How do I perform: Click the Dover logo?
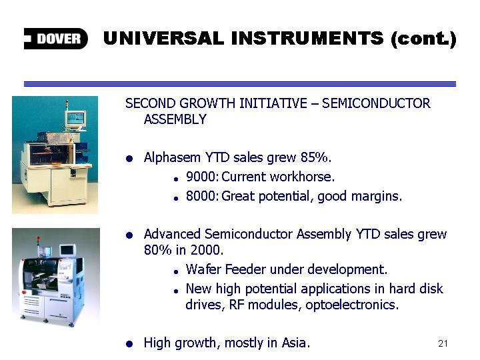(56, 39)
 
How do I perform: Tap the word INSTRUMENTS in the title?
(307, 39)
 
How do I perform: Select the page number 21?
(443, 343)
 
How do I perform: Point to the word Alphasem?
(172, 157)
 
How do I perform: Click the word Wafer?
(203, 269)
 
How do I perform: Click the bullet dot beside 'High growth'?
(129, 343)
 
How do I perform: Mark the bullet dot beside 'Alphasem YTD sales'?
(129, 158)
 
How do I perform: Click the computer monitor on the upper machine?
(75, 119)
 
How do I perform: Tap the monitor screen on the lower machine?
(67, 250)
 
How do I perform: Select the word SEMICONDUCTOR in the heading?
(376, 103)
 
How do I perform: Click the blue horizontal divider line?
(240, 84)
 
